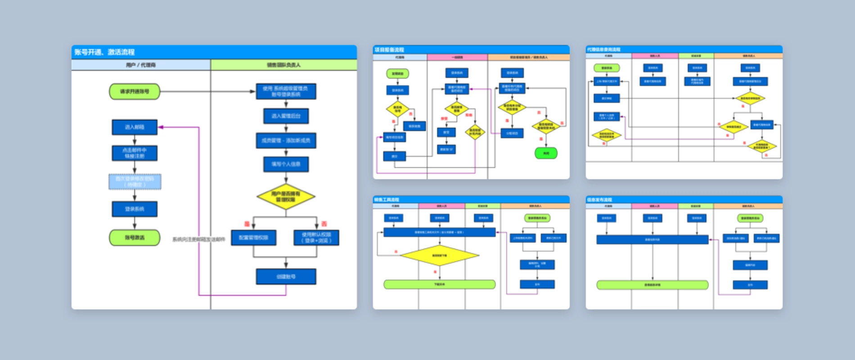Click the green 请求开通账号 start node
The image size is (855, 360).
[135, 91]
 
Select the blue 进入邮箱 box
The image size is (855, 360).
[135, 127]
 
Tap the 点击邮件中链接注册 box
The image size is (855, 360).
[135, 153]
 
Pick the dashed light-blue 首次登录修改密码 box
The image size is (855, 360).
[135, 182]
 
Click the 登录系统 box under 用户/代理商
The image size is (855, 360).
[135, 209]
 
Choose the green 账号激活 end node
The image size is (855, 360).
[135, 238]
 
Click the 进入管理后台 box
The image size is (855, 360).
[286, 116]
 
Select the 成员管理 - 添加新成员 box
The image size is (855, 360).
[286, 140]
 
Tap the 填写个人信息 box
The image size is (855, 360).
[286, 164]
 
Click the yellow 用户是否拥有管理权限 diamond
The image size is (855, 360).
[286, 197]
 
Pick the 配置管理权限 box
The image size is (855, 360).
[253, 238]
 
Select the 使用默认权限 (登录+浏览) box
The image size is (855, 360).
[316, 238]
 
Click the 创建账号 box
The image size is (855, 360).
[286, 277]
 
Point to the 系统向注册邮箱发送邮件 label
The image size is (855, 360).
[198, 239]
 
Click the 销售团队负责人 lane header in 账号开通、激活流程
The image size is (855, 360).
[283, 65]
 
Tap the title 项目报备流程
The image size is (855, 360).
[389, 49]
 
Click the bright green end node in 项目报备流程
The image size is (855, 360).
[546, 153]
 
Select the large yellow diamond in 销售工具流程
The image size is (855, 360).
[439, 256]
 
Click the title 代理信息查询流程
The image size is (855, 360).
[603, 49]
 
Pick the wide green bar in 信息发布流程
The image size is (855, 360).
[652, 285]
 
